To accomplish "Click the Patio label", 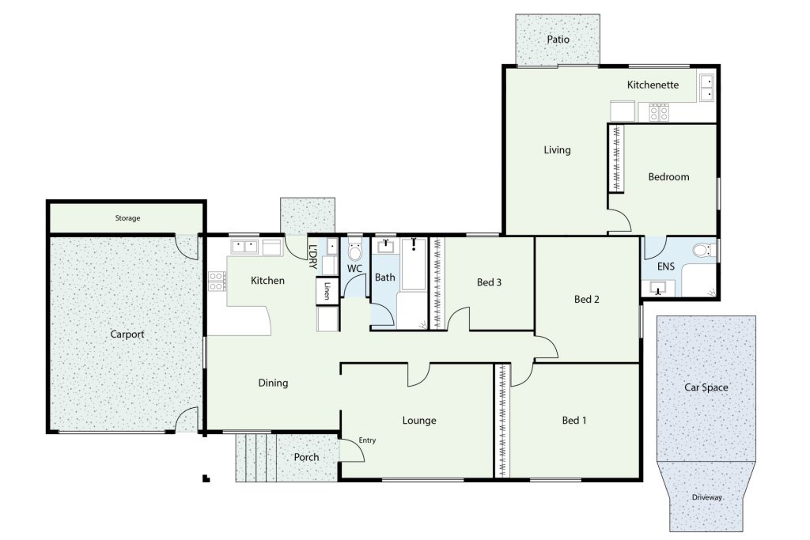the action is coord(558,40).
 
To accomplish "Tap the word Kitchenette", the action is coord(653,85).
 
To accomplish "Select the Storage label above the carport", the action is coord(127,218).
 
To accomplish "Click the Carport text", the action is coord(127,334).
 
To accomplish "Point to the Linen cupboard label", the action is coord(327,291).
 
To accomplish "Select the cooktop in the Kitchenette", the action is coord(659,112).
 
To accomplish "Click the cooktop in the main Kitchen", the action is coord(217,281).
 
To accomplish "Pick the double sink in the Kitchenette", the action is coord(706,87).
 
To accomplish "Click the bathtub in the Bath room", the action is coord(413,264).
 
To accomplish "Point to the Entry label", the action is coord(367,440).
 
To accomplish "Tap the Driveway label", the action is coord(706,497).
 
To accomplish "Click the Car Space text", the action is coord(706,387).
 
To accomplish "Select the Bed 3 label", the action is coord(489,282).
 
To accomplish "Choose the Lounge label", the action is coord(419,421).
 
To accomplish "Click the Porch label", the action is coord(306,458).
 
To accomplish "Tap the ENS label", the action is coord(666,266).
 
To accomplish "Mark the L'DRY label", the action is coord(312,257).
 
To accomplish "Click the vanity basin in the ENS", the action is coord(657,288).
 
